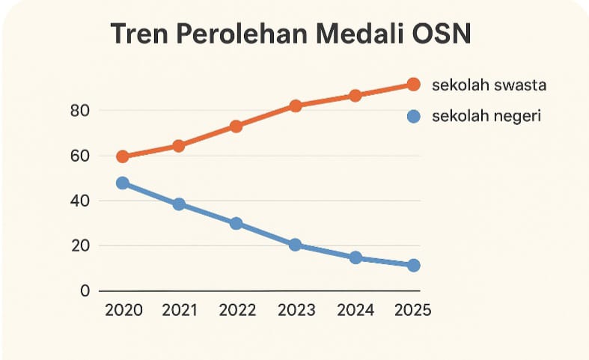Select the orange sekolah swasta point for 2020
click(x=123, y=156)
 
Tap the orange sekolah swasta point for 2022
click(x=236, y=126)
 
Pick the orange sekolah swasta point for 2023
click(x=296, y=106)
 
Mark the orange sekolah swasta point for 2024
click(x=355, y=96)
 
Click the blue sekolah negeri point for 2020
click(x=123, y=183)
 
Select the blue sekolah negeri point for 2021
click(x=179, y=204)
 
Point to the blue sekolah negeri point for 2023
click(x=296, y=245)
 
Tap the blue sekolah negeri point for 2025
click(x=413, y=266)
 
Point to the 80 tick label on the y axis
click(x=79, y=111)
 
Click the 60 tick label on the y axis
click(x=79, y=156)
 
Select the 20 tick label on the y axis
click(x=79, y=245)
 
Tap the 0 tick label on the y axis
click(x=85, y=290)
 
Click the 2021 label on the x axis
click(x=179, y=311)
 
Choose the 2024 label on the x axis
click(x=355, y=311)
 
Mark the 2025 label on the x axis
click(x=412, y=311)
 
